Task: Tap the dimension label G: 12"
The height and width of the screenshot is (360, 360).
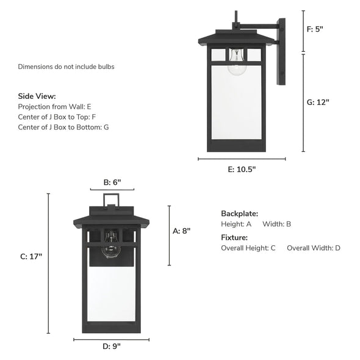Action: click(x=318, y=103)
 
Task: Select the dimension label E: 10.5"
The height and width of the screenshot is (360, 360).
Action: click(x=242, y=170)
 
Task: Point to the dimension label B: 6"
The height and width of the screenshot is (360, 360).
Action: click(x=112, y=182)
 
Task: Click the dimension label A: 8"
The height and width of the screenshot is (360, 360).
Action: click(x=182, y=231)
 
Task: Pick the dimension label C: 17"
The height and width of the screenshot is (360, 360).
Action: click(x=31, y=257)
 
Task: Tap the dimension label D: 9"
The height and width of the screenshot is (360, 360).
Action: click(x=111, y=346)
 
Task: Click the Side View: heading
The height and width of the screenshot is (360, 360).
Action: click(x=37, y=96)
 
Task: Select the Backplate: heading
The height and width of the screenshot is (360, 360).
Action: click(x=239, y=214)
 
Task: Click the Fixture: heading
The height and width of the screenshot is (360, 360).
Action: click(x=234, y=237)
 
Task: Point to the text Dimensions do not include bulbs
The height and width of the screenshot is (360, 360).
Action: click(x=66, y=67)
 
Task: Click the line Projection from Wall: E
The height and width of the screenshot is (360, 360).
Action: click(x=55, y=106)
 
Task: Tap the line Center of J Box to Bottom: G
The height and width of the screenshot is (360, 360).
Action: click(x=64, y=127)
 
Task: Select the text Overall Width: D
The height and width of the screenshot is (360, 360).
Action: click(x=314, y=248)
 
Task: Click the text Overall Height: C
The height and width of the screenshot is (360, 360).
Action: click(x=248, y=248)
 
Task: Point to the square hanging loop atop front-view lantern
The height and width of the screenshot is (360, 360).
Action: click(x=111, y=199)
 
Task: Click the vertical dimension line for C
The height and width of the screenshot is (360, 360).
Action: click(x=49, y=263)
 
